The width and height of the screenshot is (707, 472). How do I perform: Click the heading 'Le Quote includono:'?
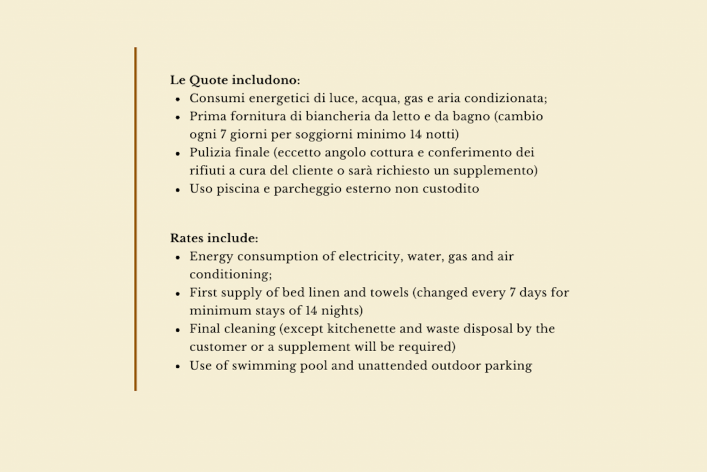[235, 80]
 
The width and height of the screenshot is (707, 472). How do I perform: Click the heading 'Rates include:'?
[214, 238]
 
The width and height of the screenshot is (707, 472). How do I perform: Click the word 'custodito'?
[453, 189]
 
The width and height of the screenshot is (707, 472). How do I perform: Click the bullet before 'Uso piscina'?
[178, 190]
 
